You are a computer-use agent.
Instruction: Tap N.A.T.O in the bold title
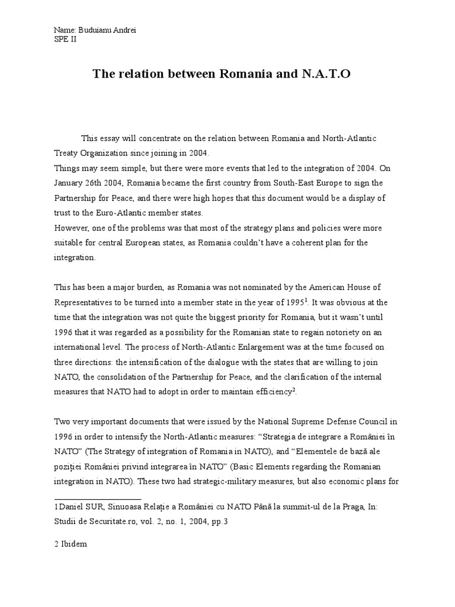(329, 75)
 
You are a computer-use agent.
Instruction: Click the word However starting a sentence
(73, 228)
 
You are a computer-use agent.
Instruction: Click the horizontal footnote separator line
(98, 499)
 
